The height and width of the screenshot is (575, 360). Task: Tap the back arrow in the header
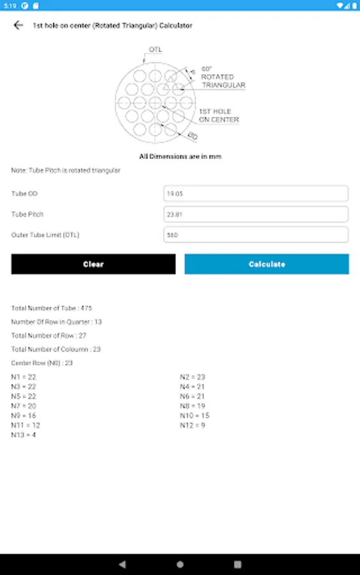18,26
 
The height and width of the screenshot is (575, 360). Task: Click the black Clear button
93,264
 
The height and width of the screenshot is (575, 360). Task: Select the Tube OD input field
256,194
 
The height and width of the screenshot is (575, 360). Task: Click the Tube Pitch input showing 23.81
256,214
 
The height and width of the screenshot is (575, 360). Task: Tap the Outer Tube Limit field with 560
256,234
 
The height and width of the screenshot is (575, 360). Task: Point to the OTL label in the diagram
155,49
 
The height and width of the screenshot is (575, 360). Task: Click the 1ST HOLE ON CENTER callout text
219,116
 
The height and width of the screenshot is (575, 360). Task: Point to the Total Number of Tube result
52,308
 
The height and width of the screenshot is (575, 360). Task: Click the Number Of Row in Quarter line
56,322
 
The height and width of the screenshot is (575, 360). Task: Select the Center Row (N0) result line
42,363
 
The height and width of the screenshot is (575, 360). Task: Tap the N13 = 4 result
24,435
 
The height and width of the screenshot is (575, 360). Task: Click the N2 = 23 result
192,377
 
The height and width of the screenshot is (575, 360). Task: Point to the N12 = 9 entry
192,425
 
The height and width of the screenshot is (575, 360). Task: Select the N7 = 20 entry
24,406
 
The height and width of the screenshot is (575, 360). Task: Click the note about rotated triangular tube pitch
66,171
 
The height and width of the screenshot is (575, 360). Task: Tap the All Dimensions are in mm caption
180,157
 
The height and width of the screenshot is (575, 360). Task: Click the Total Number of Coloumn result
56,349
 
